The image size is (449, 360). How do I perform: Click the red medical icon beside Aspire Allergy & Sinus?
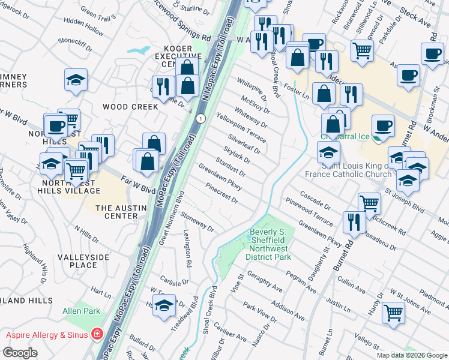click(x=97, y=334)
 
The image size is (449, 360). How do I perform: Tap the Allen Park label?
click(x=81, y=311)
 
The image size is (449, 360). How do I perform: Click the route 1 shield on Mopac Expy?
click(x=200, y=118)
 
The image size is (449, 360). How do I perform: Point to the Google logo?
click(x=20, y=353)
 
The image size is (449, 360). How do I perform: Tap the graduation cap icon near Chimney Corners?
click(x=76, y=79)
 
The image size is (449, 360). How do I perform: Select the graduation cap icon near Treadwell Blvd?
click(x=164, y=305)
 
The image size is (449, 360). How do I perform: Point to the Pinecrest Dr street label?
click(x=222, y=194)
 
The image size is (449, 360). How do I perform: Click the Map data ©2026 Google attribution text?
click(x=412, y=355)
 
